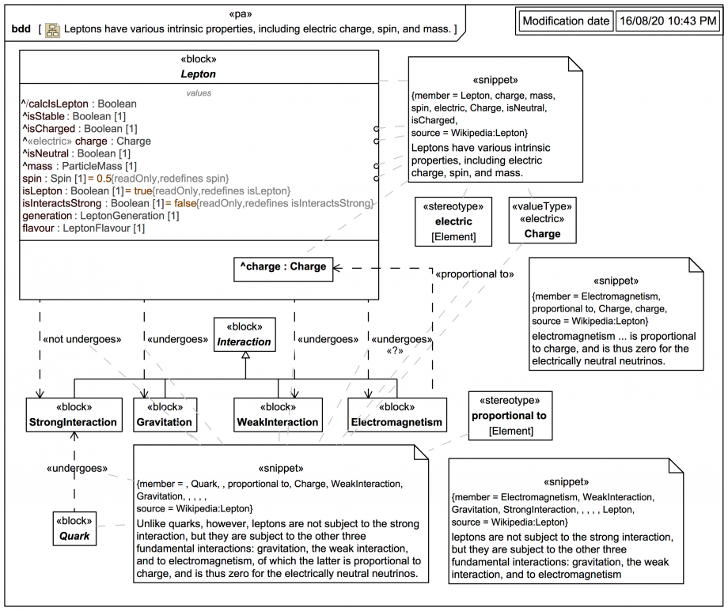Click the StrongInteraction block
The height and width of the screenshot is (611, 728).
click(x=73, y=415)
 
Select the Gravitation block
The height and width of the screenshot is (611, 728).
click(x=165, y=415)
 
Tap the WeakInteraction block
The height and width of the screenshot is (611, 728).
click(x=278, y=415)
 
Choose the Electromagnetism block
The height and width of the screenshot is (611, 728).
click(x=396, y=415)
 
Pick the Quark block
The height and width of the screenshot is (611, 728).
click(x=74, y=529)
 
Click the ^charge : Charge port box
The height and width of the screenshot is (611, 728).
click(x=283, y=267)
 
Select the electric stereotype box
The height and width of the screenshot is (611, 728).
click(x=453, y=221)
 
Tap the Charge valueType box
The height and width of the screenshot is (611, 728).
click(x=541, y=221)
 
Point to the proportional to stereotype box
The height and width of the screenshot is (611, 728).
click(x=509, y=415)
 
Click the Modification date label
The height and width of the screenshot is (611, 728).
click(x=566, y=21)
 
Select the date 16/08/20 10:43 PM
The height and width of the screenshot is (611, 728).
click(x=666, y=21)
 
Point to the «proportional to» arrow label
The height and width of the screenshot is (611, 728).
click(x=474, y=274)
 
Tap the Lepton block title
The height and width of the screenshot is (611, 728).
click(x=198, y=74)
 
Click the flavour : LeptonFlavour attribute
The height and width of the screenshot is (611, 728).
click(x=84, y=228)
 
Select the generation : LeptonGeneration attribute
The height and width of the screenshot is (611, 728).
click(x=100, y=216)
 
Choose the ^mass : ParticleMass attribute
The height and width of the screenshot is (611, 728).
click(x=80, y=166)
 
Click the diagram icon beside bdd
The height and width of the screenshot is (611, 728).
click(x=52, y=30)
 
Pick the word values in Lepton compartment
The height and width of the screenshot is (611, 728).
click(x=199, y=92)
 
